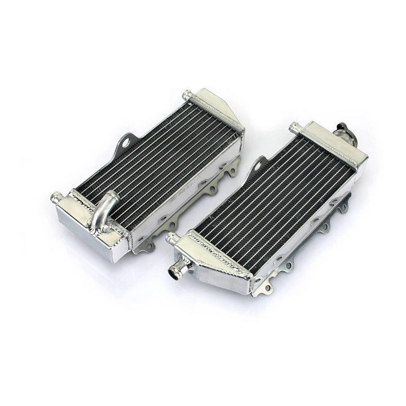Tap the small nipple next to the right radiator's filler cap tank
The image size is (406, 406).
coord(294,127)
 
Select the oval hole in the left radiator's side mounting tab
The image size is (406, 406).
coord(127,140)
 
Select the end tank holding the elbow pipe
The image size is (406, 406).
coord(90,226)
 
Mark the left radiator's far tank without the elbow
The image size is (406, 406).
coord(217,113)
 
